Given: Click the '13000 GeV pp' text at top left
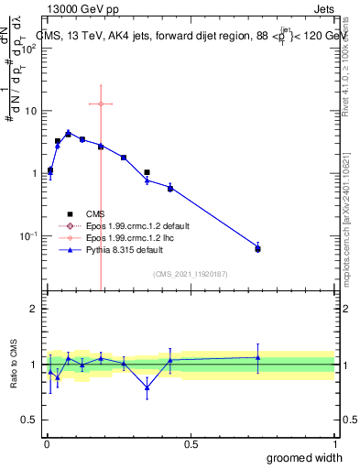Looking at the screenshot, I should pyautogui.click(x=80, y=9).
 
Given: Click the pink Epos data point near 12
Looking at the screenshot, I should pyautogui.click(x=101, y=104).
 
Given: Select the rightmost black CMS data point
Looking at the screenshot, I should pyautogui.click(x=257, y=249).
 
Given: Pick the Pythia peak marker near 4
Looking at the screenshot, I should pyautogui.click(x=68, y=134).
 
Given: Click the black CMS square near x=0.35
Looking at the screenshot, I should pyautogui.click(x=147, y=171).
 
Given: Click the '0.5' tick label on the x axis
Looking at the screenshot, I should pyautogui.click(x=191, y=444).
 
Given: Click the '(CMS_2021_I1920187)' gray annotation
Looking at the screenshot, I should pyautogui.click(x=191, y=274).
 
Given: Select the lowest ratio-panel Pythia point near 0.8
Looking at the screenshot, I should pyautogui.click(x=147, y=387).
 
